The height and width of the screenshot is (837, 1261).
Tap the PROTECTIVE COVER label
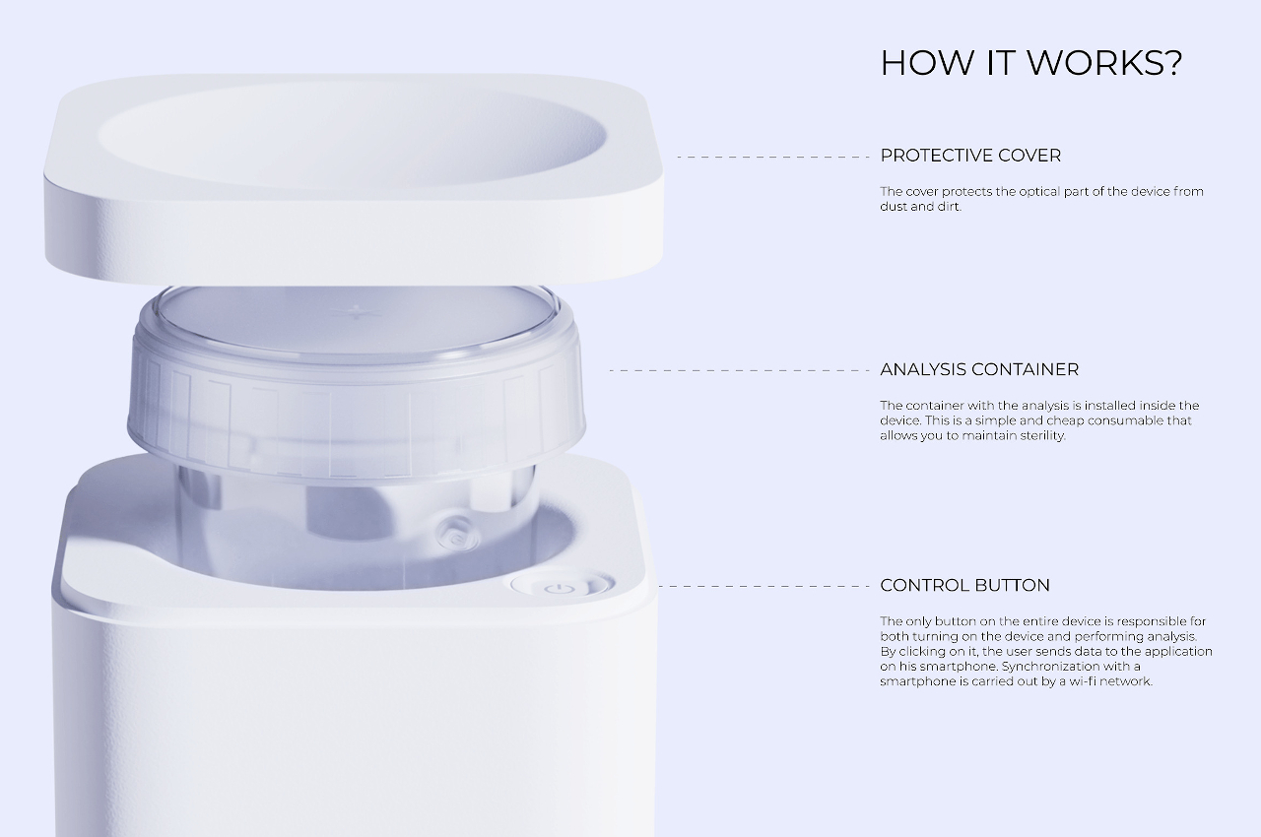tap(970, 156)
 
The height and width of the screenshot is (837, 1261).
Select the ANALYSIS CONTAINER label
tap(979, 369)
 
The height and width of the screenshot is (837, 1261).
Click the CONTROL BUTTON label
tap(964, 585)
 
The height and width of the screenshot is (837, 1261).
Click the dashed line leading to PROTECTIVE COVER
tap(773, 157)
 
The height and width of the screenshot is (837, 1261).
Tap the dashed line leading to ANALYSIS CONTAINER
tap(740, 370)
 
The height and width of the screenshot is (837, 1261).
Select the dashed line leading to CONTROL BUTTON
tap(764, 586)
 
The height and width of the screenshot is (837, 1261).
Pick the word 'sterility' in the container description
tap(1040, 436)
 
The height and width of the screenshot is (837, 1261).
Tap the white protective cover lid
tap(354, 179)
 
